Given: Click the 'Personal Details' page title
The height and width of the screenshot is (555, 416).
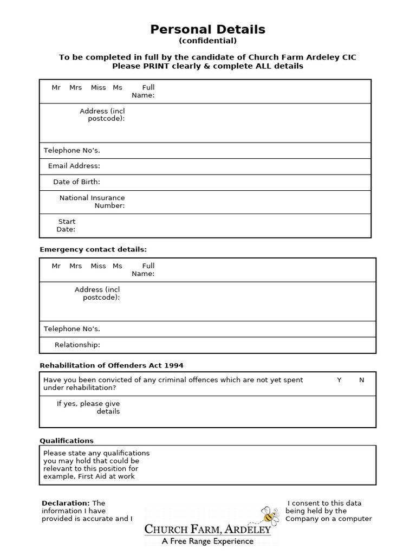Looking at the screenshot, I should click(x=207, y=29).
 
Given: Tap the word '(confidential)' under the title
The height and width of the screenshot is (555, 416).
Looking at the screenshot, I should click(x=207, y=41).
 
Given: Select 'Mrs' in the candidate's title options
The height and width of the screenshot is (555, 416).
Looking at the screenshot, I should click(x=75, y=87).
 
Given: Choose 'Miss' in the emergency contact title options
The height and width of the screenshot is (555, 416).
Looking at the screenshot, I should click(x=98, y=266).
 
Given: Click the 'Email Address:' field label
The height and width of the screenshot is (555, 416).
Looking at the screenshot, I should click(x=74, y=166).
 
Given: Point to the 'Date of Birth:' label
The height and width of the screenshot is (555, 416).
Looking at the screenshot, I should click(x=76, y=182).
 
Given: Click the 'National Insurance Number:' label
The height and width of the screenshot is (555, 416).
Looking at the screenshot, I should click(x=92, y=202).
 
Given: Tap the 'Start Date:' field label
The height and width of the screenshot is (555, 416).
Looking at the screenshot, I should click(x=66, y=225).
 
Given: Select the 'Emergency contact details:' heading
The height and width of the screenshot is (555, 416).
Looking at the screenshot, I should click(x=93, y=249).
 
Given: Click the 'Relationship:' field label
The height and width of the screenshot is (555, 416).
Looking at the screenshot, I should click(x=77, y=345).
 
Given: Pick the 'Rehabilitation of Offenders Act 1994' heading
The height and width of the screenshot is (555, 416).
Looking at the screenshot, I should click(x=115, y=365).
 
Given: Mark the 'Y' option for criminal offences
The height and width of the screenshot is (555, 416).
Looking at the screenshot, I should click(x=339, y=380).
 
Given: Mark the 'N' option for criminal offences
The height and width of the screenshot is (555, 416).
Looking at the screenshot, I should click(x=362, y=380).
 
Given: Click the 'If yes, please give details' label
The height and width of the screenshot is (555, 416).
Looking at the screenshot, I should click(x=88, y=408).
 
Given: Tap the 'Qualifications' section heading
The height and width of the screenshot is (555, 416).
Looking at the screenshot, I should click(x=67, y=441).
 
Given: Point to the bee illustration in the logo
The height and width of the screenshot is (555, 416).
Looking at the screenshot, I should click(x=269, y=515).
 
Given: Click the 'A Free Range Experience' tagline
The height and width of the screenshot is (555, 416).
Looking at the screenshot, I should click(x=207, y=541).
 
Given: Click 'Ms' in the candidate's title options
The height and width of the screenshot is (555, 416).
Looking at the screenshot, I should click(x=118, y=87).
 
